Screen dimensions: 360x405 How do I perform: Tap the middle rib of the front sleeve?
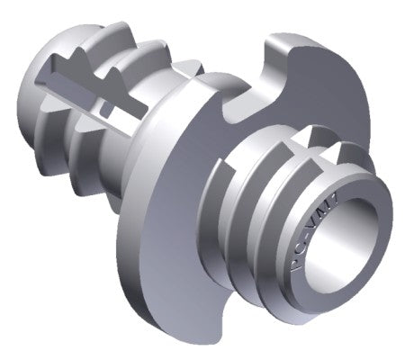(247, 220)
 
